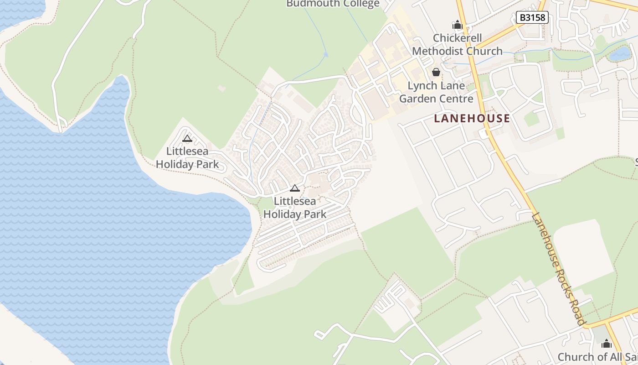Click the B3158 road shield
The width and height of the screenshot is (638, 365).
532,18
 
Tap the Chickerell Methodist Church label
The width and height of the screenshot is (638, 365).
457,45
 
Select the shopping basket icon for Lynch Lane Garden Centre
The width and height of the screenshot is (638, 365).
436,72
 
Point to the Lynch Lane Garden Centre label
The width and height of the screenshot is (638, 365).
436,92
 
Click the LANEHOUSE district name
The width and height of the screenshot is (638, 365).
472,119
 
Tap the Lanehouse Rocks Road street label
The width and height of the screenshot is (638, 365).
558,269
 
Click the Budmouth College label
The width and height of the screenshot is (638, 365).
333,4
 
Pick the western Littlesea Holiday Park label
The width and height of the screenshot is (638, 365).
187,158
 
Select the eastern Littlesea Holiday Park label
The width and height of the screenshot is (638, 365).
295,208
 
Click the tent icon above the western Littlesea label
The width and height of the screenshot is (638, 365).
187,139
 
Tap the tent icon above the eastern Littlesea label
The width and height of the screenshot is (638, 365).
295,188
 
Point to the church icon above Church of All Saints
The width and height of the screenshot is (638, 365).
607,343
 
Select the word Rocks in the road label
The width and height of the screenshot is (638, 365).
562,276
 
